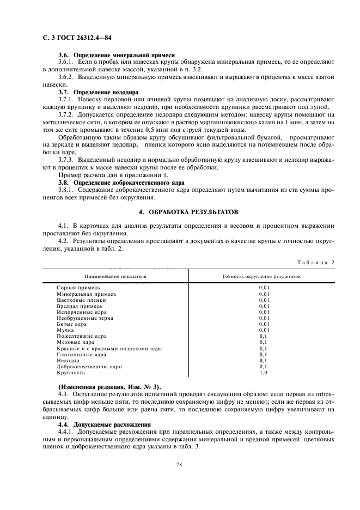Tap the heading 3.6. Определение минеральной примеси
click(116, 56)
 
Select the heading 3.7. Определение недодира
click(98, 92)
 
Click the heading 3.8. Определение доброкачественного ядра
click(121, 183)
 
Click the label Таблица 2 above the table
click(316, 263)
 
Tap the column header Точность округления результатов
click(261, 277)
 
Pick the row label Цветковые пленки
click(81, 300)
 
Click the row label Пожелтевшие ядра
click(82, 336)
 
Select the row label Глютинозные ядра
click(81, 355)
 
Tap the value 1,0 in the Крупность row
click(264, 373)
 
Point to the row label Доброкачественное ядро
click(88, 367)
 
